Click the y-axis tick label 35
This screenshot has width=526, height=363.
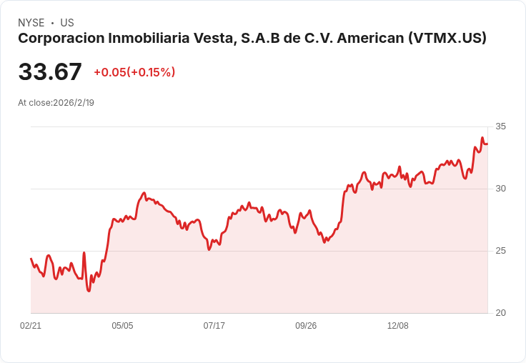[500, 126]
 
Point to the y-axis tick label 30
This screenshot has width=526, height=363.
[500, 189]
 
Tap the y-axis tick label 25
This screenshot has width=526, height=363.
[500, 251]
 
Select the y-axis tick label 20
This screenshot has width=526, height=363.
[500, 313]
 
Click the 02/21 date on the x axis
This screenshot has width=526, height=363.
[31, 326]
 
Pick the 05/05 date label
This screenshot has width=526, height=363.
[122, 326]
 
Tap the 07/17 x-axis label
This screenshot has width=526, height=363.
[214, 326]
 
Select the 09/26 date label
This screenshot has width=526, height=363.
[306, 326]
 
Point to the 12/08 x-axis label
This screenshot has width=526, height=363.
[397, 326]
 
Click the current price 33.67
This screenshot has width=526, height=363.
[50, 72]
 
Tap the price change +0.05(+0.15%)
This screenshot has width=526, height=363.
[134, 72]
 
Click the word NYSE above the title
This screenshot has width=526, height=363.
[31, 23]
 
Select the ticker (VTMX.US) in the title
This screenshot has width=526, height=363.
[447, 39]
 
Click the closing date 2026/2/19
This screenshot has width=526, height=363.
[74, 102]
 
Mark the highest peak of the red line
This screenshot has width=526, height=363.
[482, 138]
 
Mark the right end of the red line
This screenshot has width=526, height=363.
[487, 144]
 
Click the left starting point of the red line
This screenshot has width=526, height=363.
[31, 259]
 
